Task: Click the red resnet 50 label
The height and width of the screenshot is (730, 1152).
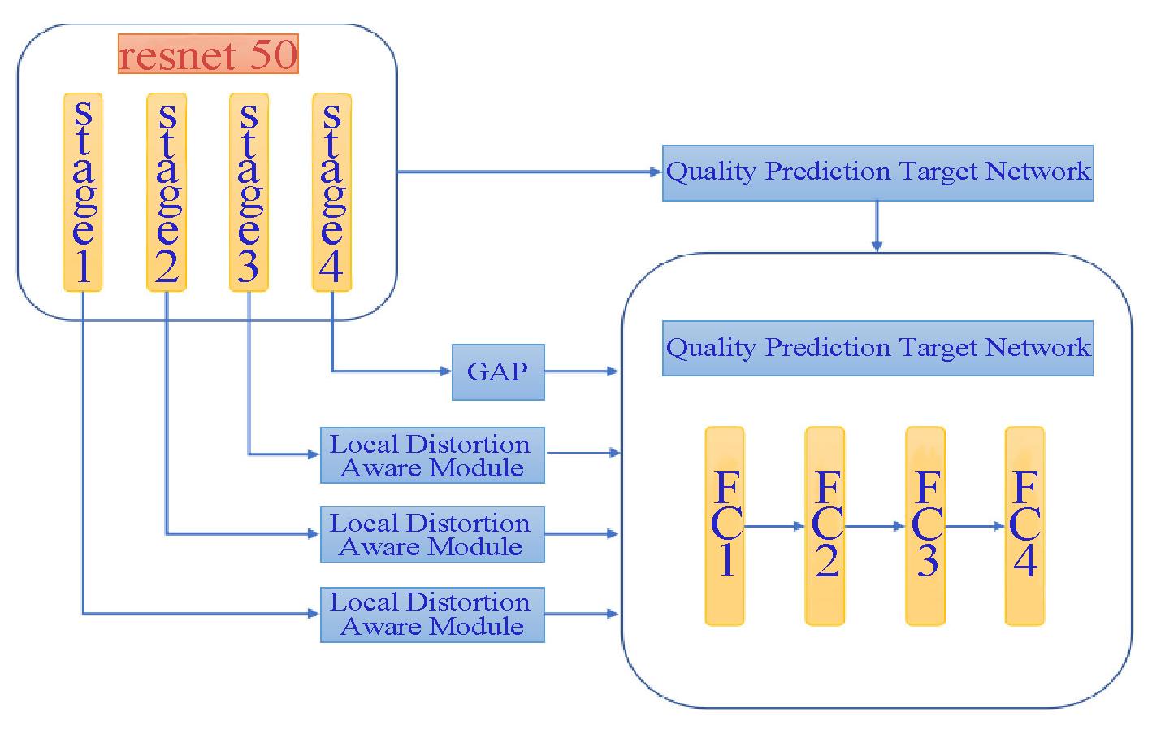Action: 208,54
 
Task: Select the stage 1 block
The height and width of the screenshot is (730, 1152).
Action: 83,193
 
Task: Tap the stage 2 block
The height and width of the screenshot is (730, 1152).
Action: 166,193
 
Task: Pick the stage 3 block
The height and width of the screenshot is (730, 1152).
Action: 249,193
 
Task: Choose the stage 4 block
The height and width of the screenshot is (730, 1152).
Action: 332,193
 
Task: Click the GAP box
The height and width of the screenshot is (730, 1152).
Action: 498,372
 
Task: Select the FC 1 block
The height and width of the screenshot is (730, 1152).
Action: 725,526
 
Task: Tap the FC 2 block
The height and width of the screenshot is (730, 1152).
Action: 825,526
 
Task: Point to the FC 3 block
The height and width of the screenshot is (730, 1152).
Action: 925,526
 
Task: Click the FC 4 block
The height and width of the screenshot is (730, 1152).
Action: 1025,526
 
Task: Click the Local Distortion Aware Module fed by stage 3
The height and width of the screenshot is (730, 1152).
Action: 432,455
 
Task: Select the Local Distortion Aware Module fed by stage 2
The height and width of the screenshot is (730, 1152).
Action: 432,535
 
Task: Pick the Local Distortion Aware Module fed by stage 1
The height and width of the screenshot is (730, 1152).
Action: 432,615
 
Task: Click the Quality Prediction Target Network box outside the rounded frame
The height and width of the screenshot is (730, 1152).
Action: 878,173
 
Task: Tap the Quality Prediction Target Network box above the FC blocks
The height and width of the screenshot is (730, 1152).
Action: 878,348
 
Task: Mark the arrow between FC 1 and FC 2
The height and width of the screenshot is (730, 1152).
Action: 774,526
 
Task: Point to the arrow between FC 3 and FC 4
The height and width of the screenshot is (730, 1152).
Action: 975,526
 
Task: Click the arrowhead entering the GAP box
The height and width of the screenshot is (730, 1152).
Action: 446,371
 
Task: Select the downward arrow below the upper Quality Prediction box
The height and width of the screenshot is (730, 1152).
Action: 877,226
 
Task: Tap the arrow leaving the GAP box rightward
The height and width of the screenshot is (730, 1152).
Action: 581,371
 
